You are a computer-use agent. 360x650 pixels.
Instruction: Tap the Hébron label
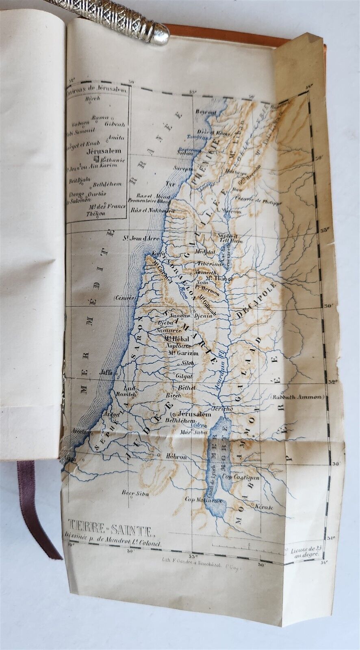pyautogui.click(x=176, y=457)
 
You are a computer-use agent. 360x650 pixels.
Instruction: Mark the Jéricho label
pyautogui.click(x=223, y=409)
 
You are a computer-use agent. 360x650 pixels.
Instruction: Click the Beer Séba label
pyautogui.click(x=135, y=493)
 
